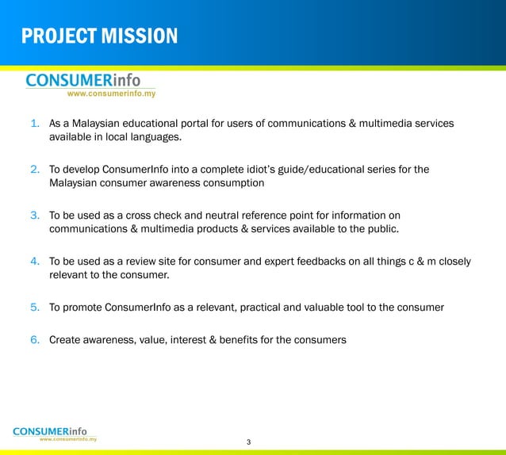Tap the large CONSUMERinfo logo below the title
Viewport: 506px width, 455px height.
(83, 80)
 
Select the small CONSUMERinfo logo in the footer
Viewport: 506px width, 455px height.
(55, 431)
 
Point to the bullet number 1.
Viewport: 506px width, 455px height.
(35, 124)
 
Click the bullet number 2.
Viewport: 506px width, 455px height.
(35, 169)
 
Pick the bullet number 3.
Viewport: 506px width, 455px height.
(35, 215)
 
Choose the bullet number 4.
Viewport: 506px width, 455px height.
(35, 261)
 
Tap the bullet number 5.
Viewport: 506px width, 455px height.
(35, 307)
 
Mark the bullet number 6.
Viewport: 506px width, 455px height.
(35, 340)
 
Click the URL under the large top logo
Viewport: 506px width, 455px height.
(111, 94)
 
